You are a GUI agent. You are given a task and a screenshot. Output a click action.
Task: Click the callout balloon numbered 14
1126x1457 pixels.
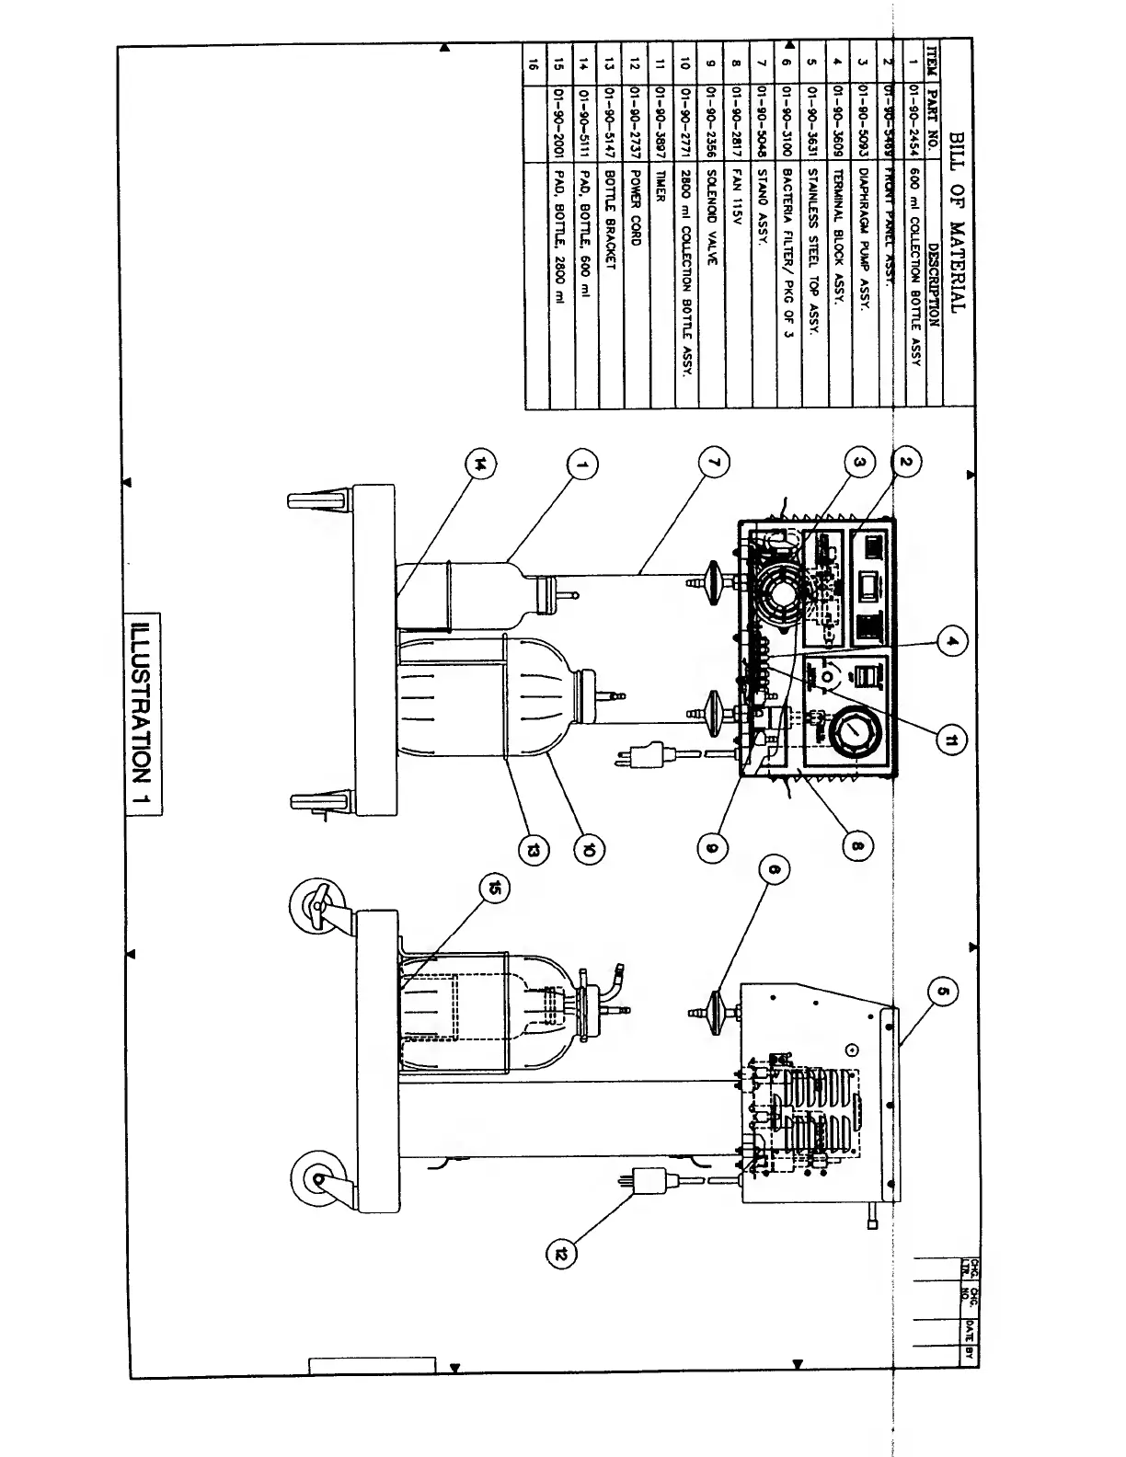[x=477, y=465]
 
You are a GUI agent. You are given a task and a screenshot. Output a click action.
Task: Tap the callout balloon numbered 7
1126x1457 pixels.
[x=716, y=465]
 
